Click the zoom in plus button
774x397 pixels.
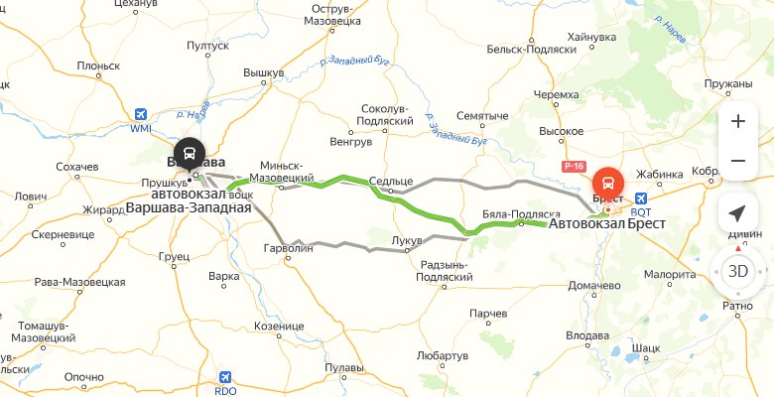(x=737, y=121)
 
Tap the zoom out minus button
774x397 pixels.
(x=737, y=160)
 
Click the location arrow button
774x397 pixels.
(x=737, y=213)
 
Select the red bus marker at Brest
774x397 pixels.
(x=608, y=184)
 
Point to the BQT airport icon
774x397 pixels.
(x=640, y=198)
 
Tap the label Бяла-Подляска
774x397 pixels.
(x=521, y=214)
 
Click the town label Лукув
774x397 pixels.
(x=407, y=241)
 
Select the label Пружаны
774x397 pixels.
(x=728, y=84)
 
